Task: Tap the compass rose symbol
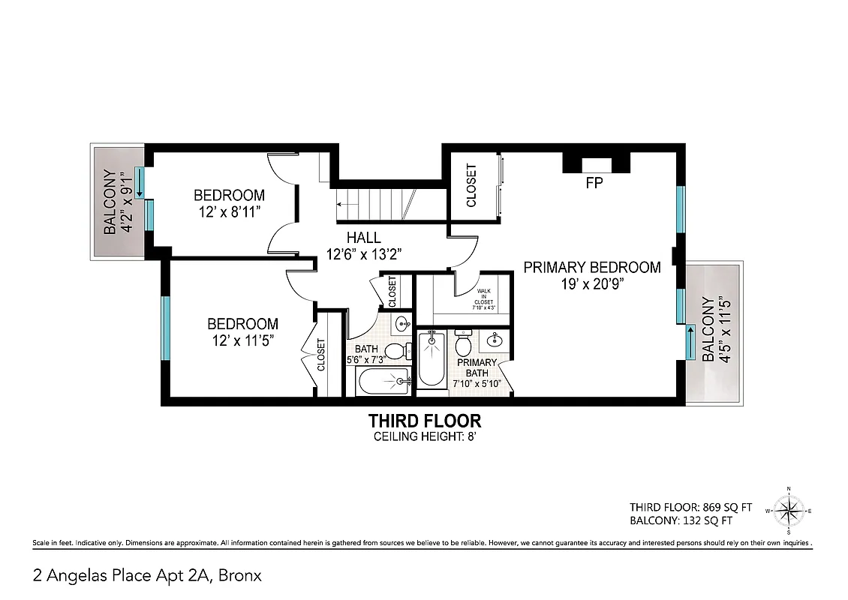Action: click(788, 511)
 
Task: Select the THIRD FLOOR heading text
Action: click(424, 421)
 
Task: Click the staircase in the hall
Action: click(375, 204)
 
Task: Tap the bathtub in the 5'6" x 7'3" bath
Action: click(383, 382)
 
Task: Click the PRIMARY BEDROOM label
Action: click(592, 267)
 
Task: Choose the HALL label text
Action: click(363, 238)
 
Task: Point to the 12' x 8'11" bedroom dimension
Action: click(229, 212)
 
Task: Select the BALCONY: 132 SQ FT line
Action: click(681, 520)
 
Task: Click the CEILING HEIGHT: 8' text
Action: click(424, 436)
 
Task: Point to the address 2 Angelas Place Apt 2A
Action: click(147, 576)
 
